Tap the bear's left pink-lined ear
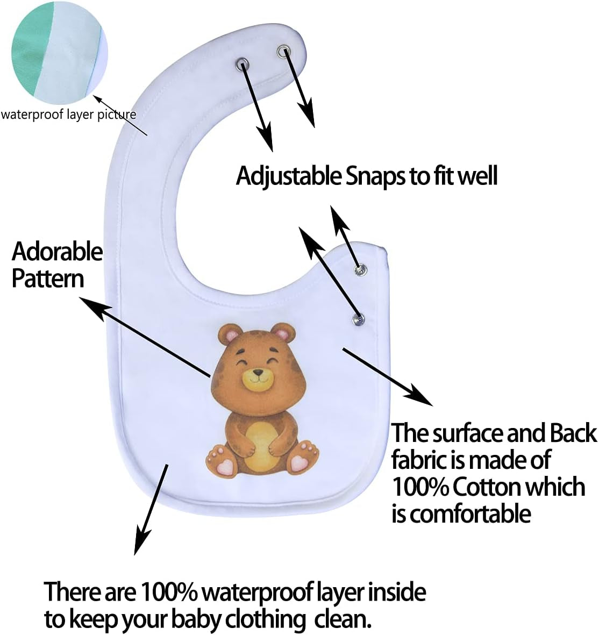(x=230, y=336)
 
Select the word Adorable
(x=57, y=252)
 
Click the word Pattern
(x=48, y=279)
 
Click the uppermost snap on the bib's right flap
(x=359, y=268)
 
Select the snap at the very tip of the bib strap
(x=283, y=51)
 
